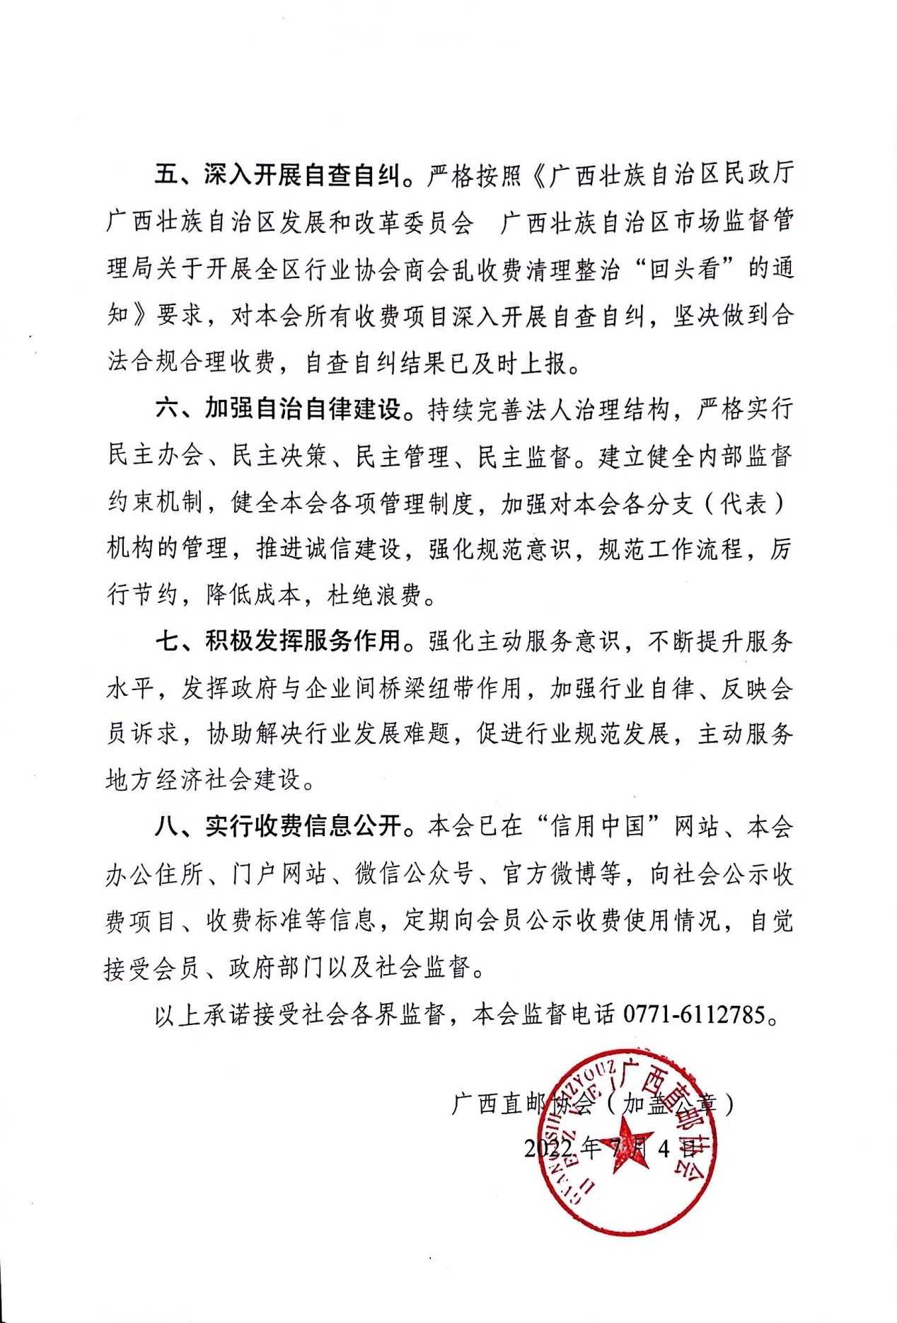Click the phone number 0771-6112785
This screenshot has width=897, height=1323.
pos(694,1015)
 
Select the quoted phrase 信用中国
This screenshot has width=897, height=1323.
pos(598,827)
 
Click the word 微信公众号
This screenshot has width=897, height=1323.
pos(414,874)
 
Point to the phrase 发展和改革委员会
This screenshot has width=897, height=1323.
pos(375,222)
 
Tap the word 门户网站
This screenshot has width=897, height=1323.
pos(279,874)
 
